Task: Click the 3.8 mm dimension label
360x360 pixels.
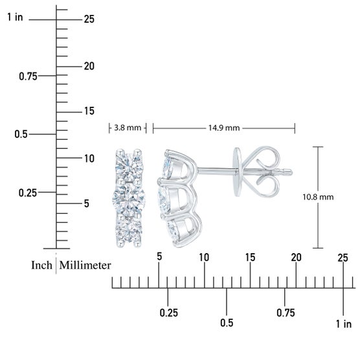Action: [128, 128]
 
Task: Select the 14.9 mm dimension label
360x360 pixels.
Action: [224, 128]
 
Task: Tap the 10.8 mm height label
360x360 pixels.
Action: [318, 197]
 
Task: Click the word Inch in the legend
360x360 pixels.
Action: [42, 265]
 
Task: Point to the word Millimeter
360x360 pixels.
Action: [85, 265]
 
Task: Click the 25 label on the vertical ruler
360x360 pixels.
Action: [89, 19]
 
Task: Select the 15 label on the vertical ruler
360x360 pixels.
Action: [89, 111]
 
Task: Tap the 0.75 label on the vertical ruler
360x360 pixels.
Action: [28, 76]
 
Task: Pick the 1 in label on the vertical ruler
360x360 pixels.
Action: [15, 17]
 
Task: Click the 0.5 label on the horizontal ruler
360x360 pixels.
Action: [227, 323]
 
